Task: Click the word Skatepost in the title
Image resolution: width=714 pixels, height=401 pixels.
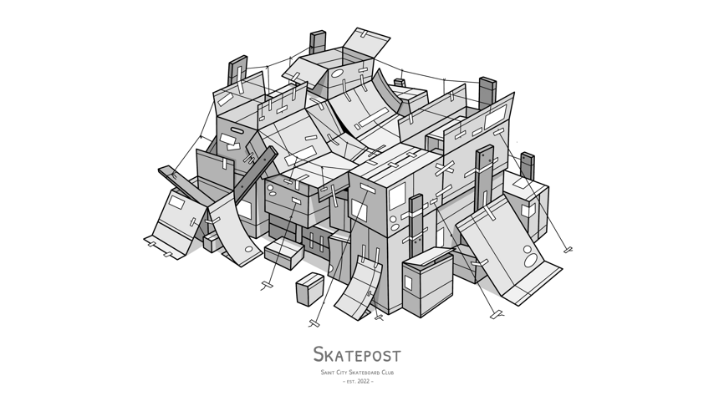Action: [357, 354]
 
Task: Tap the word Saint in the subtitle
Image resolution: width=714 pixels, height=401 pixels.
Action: [328, 373]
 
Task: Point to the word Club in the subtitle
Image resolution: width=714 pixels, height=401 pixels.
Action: [388, 373]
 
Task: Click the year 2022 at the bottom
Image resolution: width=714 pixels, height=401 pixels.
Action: [364, 382]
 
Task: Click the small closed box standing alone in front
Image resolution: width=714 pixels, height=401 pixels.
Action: [309, 288]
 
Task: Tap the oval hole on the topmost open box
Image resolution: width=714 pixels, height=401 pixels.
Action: [337, 74]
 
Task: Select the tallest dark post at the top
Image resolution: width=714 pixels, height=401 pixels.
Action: [318, 43]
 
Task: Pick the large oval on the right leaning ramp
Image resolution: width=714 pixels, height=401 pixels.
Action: [531, 261]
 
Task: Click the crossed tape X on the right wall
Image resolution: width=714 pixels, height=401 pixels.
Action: [444, 168]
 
